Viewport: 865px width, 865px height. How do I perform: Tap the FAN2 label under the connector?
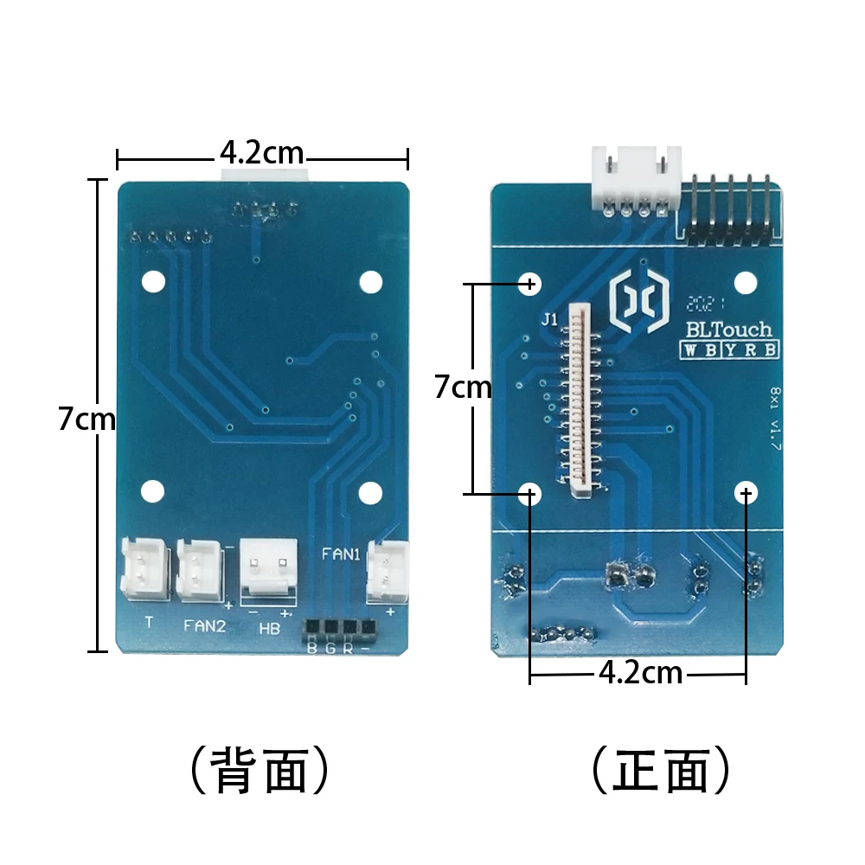[x=204, y=625]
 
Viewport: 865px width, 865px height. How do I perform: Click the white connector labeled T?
[x=144, y=570]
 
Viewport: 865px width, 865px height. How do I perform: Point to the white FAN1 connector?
[x=387, y=571]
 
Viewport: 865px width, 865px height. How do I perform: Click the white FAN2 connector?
[x=201, y=570]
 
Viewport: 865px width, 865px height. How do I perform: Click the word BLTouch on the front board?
[x=727, y=330]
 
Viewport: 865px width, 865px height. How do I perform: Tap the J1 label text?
[x=549, y=319]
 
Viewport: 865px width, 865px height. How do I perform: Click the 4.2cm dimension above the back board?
[x=261, y=154]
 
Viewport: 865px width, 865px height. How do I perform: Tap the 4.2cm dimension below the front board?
[x=639, y=673]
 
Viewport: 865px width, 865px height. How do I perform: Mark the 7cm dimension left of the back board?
[x=86, y=420]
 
